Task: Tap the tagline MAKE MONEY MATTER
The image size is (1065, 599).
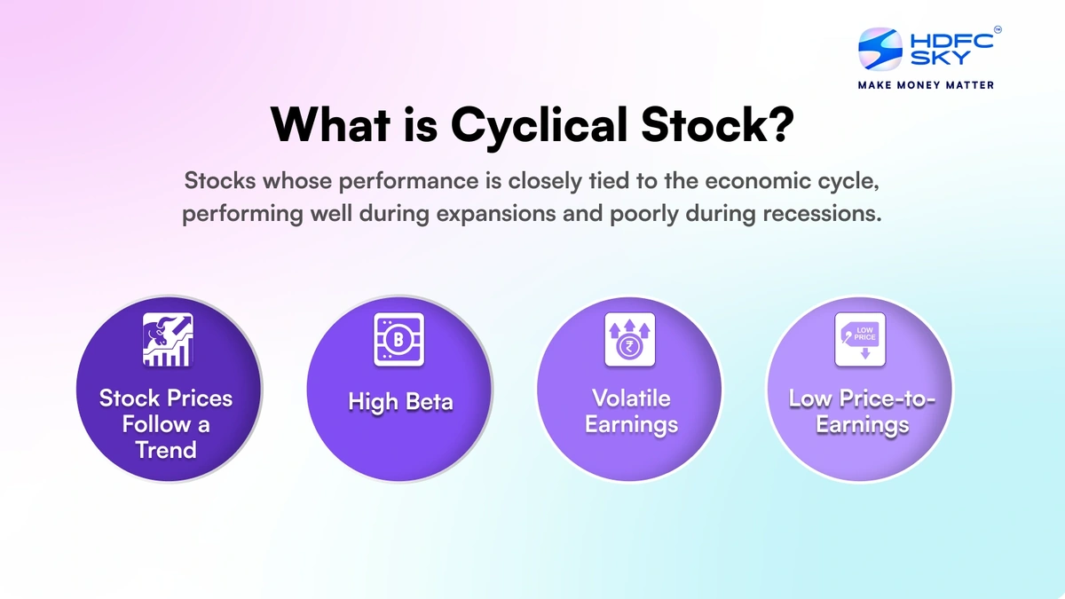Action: point(926,85)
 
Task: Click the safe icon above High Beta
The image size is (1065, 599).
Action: point(399,340)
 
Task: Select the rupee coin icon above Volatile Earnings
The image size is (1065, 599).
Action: point(629,340)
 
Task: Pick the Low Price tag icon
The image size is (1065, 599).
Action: point(860,340)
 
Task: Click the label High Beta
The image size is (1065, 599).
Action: point(399,402)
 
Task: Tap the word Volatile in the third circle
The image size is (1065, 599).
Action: point(631,398)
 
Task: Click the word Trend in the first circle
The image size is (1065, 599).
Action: point(166,450)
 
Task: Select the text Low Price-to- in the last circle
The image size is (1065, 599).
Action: point(862,398)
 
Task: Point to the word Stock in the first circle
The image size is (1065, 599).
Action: point(128,398)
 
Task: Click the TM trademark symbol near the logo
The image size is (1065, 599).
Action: point(997,29)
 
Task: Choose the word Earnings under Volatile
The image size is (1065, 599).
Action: point(631,424)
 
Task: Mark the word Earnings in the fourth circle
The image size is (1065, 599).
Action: point(862,425)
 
